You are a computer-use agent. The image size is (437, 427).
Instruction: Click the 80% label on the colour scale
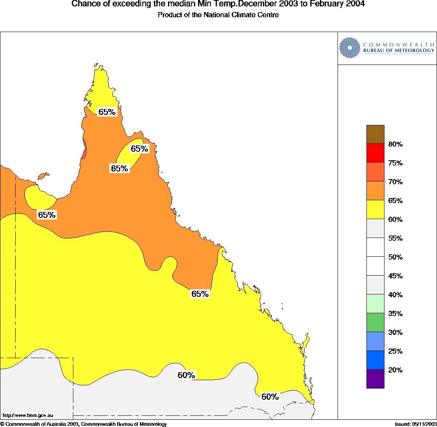[x=395, y=144]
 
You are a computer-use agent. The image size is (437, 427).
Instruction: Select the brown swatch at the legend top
[x=375, y=134]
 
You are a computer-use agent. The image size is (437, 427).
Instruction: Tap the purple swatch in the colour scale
[x=375, y=379]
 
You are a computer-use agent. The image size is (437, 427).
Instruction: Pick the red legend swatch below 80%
[x=375, y=153]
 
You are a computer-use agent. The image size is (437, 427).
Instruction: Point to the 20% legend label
[x=395, y=370]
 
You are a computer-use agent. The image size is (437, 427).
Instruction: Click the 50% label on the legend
[x=395, y=257]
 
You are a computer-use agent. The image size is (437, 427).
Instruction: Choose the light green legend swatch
[x=375, y=304]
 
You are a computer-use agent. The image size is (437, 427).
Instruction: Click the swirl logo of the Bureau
[x=349, y=48]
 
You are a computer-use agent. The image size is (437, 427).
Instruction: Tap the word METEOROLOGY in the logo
[x=414, y=50]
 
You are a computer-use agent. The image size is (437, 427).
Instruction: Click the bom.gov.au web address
[x=28, y=415]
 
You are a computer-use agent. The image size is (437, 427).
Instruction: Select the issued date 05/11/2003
[x=424, y=424]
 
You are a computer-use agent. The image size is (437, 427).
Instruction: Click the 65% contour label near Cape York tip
[x=107, y=112]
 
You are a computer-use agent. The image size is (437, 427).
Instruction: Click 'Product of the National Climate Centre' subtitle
[x=218, y=15]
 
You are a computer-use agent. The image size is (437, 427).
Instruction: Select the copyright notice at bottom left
[x=83, y=424]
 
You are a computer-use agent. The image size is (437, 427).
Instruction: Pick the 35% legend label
[x=395, y=314]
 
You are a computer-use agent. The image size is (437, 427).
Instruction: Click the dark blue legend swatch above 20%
[x=375, y=360]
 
